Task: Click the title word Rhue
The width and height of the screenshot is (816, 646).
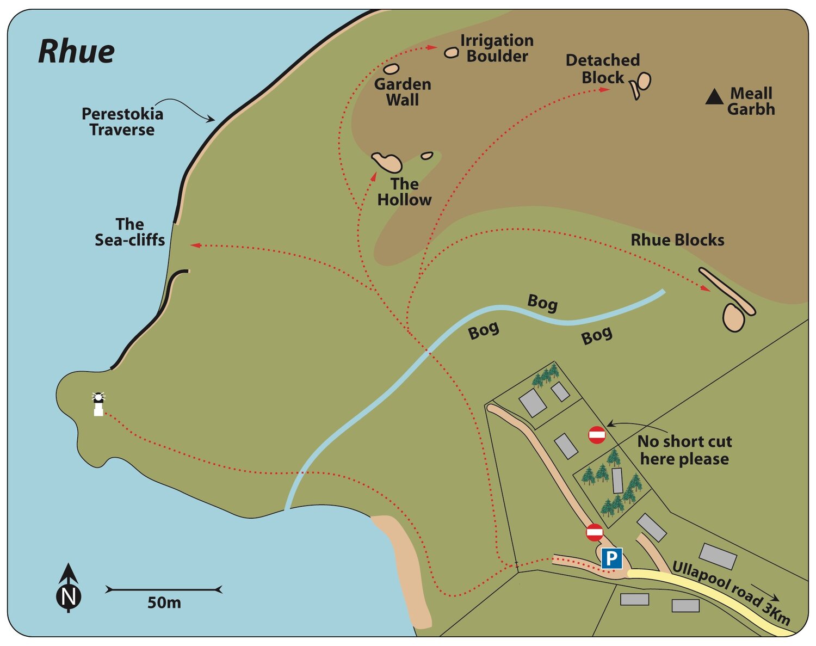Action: [x=76, y=52]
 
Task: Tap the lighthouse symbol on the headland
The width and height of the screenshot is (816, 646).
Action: [x=98, y=404]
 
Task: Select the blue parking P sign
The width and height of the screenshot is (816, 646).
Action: [x=611, y=558]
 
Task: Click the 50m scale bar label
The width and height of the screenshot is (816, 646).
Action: [x=164, y=603]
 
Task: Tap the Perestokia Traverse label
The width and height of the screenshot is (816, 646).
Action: [x=122, y=121]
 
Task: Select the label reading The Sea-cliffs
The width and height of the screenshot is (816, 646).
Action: [x=130, y=232]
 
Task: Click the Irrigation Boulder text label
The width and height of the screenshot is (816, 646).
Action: [x=497, y=48]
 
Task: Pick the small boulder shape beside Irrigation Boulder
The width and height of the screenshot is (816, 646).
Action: [x=452, y=53]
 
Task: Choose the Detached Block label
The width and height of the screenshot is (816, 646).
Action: [x=603, y=69]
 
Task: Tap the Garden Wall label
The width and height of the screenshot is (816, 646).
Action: [x=403, y=92]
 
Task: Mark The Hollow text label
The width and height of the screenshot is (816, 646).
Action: [x=404, y=192]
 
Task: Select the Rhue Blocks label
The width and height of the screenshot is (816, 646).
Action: [x=677, y=240]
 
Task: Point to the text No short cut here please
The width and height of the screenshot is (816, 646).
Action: [x=684, y=450]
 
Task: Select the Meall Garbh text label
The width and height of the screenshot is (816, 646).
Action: [x=751, y=101]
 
